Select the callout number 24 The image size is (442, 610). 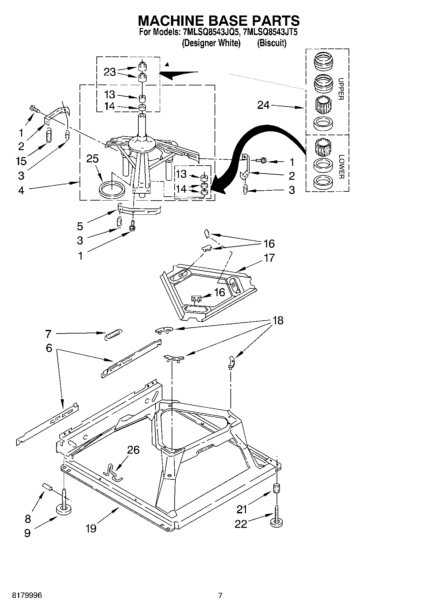[263, 105]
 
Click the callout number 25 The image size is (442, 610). [92, 159]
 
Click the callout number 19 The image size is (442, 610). [91, 528]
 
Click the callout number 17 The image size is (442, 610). [269, 258]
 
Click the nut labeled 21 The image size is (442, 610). [277, 488]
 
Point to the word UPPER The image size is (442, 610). [341, 89]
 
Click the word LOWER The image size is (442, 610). [341, 167]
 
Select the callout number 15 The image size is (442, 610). [21, 161]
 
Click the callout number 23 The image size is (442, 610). [110, 72]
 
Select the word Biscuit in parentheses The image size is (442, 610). [272, 43]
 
